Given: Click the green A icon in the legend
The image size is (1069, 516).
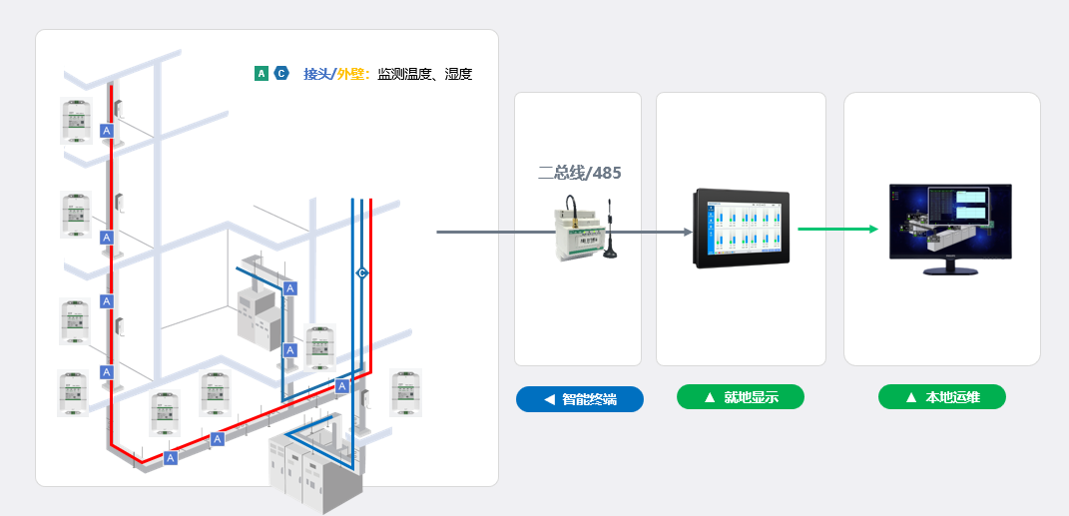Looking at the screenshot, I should coord(262,73).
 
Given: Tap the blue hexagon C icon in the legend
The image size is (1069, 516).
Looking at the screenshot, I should coord(281,73).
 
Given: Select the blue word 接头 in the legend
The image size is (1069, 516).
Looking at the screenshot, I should coord(316,74).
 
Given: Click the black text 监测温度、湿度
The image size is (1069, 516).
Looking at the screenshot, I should coord(424,74).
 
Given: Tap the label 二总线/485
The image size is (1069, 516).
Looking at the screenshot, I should coord(579,173).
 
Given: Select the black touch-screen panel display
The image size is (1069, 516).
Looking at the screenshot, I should coord(741,229).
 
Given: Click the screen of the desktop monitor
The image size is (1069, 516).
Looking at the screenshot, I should coord(950,221).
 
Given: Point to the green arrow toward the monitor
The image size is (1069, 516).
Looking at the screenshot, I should coord(838,229).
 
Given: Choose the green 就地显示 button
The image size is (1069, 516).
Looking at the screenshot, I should coord(741,397).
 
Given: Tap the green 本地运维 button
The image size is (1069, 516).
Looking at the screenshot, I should coord(941,397).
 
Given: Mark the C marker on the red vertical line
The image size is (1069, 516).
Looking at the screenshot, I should coord(362,272).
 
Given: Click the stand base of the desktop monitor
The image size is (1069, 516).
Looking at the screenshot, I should coord(949,268).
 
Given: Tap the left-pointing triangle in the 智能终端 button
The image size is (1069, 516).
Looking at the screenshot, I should coord(549,399).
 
